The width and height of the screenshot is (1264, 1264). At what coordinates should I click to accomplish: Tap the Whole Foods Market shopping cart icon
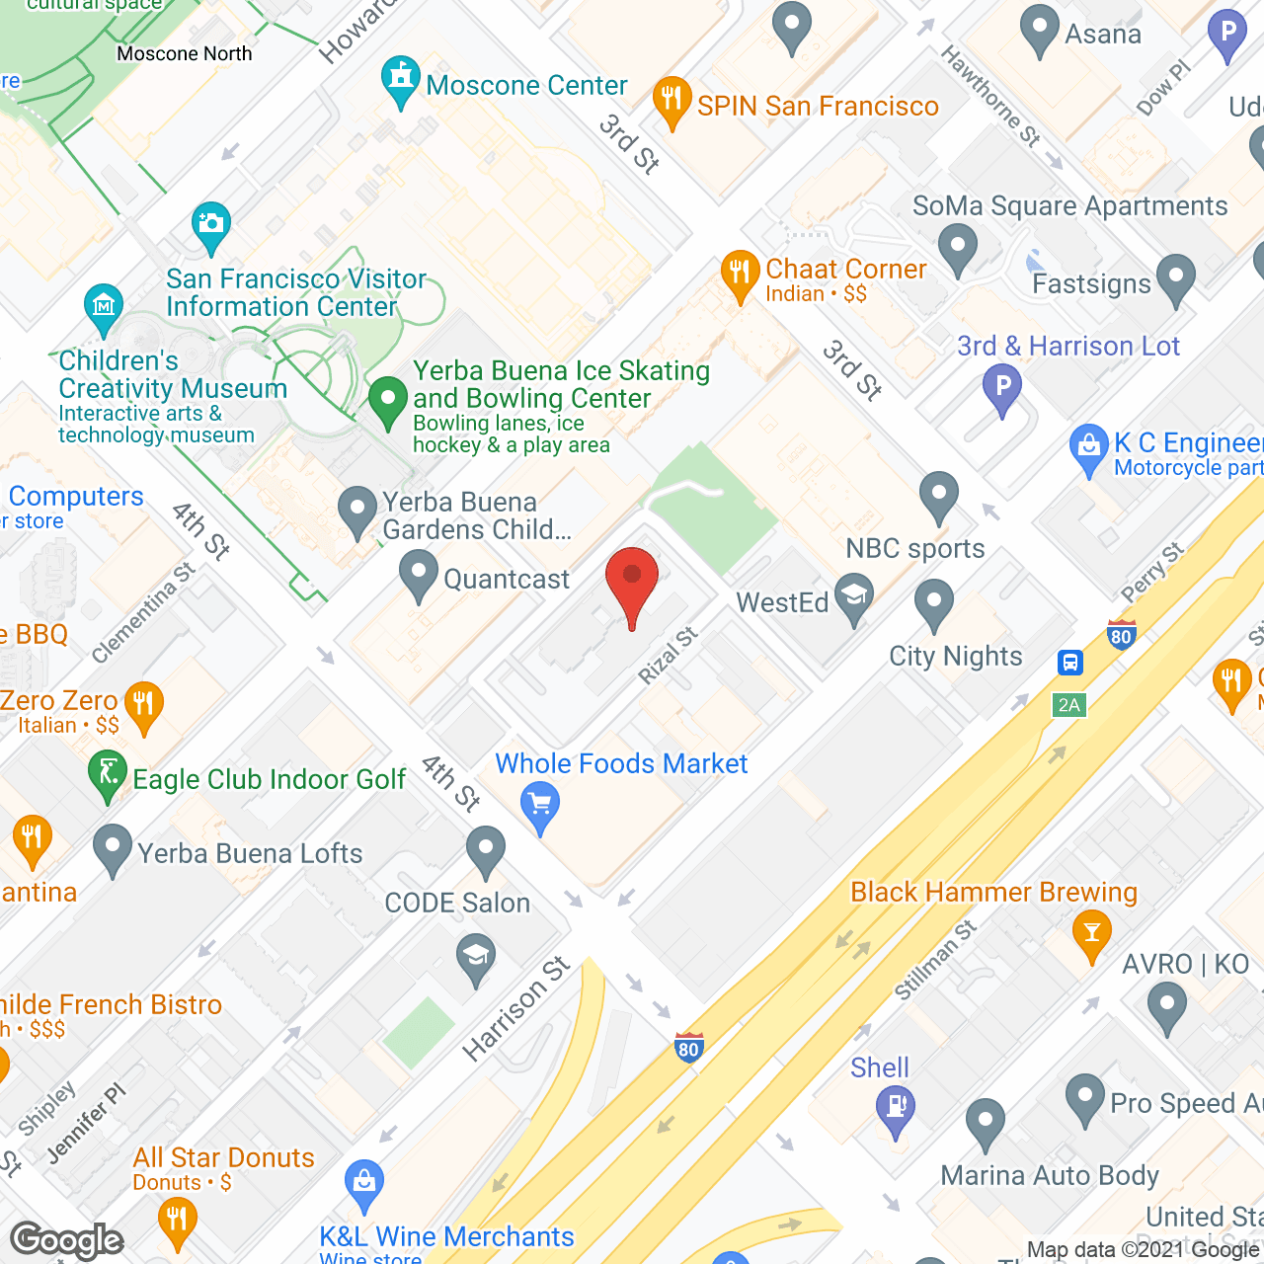539,806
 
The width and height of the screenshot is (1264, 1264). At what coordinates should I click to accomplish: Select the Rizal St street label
668,657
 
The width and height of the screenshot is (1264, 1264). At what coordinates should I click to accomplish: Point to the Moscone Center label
526,86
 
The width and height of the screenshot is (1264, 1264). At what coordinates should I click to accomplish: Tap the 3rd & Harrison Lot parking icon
1002,387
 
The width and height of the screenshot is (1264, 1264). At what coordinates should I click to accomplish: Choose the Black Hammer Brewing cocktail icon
1091,933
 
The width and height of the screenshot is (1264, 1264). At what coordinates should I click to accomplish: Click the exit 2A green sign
1069,705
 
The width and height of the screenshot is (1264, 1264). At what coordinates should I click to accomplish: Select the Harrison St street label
516,1009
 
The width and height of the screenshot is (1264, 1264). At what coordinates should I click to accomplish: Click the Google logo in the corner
67,1239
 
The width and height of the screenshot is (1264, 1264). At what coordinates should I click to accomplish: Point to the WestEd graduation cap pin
854,598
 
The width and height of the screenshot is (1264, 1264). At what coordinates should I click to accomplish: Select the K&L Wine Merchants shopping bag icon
363,1182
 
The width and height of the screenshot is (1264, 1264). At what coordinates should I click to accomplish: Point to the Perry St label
1152,574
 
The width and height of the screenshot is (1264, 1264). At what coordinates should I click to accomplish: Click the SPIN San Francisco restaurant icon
671,100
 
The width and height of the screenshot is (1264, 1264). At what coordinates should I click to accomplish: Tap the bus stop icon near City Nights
1070,662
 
